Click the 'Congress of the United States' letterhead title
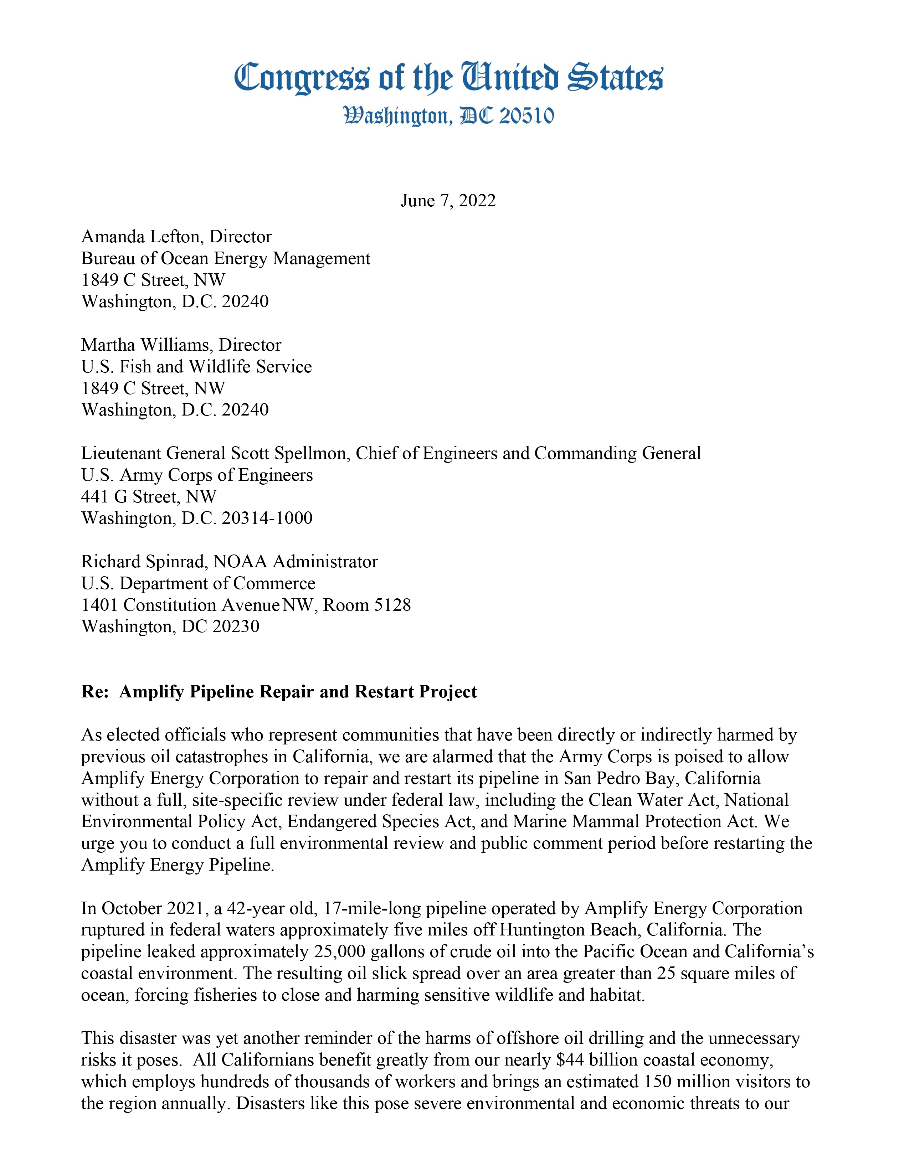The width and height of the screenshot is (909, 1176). coord(448,78)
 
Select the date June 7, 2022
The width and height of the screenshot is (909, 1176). coord(448,201)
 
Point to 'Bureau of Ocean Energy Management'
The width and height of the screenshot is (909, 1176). coord(226,258)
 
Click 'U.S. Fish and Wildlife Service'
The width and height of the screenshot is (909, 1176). coord(196,367)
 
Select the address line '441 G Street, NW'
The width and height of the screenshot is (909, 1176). coord(149,496)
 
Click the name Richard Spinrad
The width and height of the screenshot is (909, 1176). coord(143,562)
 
